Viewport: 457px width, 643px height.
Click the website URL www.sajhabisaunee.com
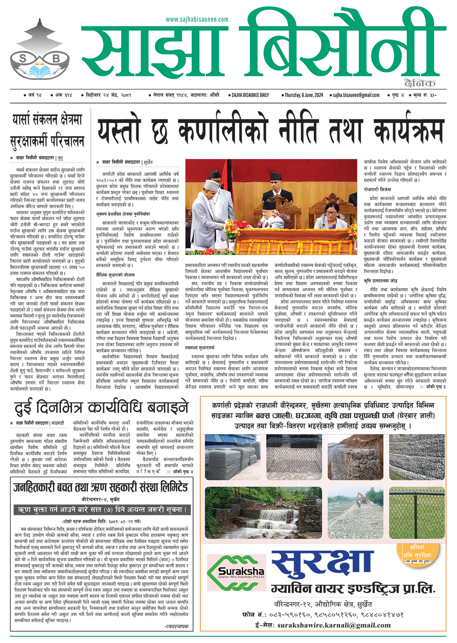pos(197,19)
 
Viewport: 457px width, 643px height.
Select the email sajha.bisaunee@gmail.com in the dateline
pos(356,95)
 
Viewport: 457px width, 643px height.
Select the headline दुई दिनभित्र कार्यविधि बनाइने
pos(101,407)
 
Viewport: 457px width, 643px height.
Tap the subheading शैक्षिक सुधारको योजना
pos(115,274)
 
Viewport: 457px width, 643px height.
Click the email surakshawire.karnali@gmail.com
pos(334,625)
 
